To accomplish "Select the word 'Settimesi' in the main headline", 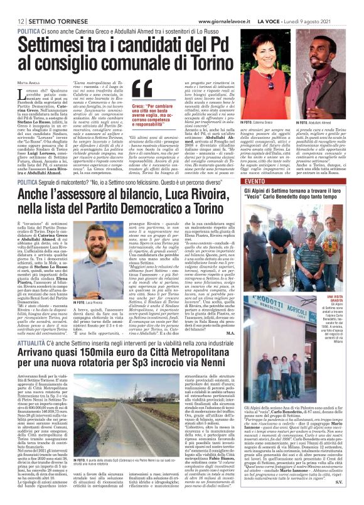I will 55,44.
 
